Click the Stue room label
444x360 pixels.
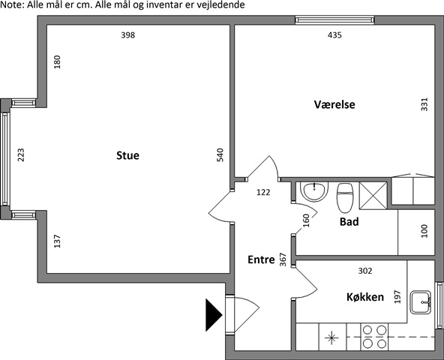tap(127, 155)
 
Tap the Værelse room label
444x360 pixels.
tap(334, 104)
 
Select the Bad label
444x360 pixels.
tap(349, 221)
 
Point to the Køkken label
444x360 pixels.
tap(365, 297)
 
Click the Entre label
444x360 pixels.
tap(261, 259)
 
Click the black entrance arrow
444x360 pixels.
tap(214, 315)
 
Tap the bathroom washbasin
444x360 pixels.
tap(314, 191)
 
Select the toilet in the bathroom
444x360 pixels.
tap(345, 198)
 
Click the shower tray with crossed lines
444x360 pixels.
tap(373, 196)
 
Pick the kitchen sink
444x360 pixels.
tap(421, 302)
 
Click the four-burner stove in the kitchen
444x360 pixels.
tap(374, 337)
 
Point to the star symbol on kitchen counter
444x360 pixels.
tap(331, 337)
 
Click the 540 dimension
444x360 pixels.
tap(220, 155)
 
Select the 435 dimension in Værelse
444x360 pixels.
tap(334, 35)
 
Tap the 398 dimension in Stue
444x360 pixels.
tap(128, 35)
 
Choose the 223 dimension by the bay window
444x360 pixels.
tap(21, 155)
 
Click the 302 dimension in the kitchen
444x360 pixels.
tap(365, 271)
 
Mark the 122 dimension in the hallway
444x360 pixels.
tap(263, 192)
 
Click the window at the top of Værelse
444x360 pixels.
tap(334, 19)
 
